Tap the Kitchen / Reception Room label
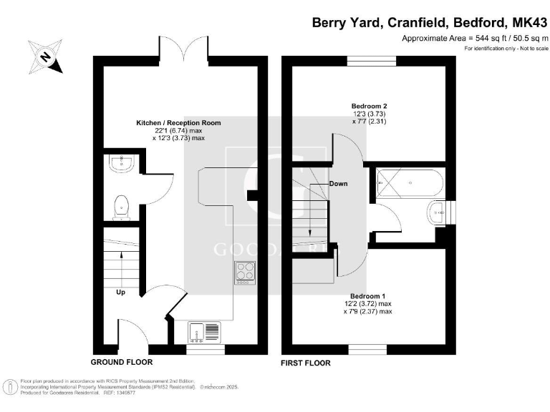[178, 123]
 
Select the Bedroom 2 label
[369, 105]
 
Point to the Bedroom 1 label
[368, 296]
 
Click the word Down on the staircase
[338, 184]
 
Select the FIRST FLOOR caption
[307, 363]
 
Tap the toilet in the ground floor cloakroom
[121, 208]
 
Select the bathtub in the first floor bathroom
[409, 182]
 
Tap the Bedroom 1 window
[368, 350]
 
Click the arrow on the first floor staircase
[308, 215]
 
